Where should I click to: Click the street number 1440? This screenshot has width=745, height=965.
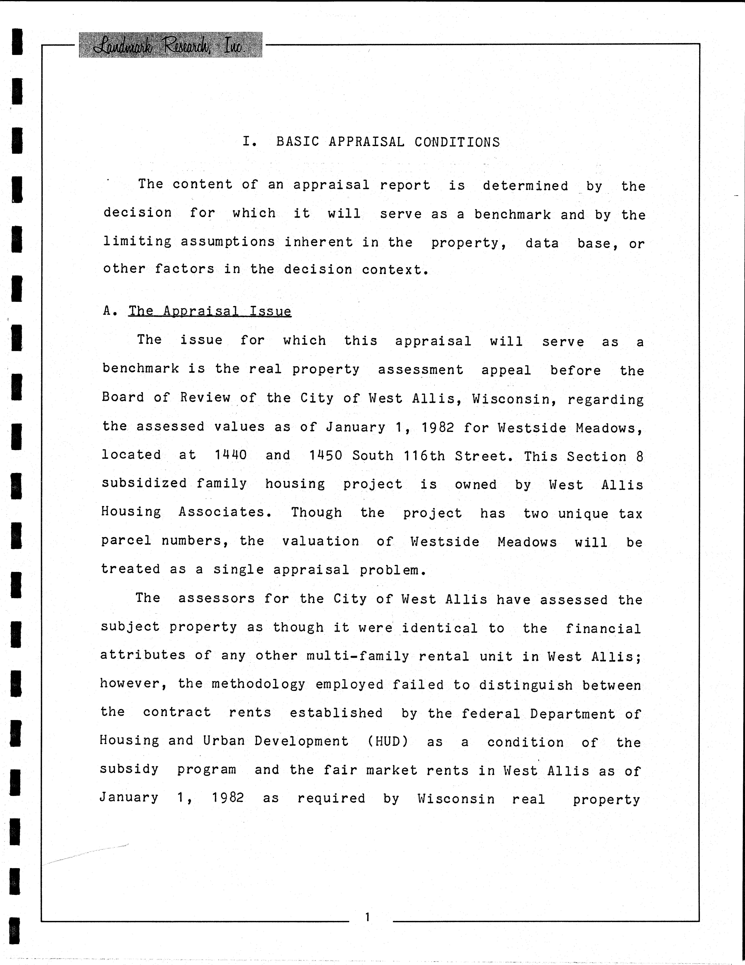click(230, 455)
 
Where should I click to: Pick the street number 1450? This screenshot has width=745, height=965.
click(325, 456)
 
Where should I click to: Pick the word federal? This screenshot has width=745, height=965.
click(491, 714)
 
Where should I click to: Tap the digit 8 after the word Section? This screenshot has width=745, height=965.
click(639, 456)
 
